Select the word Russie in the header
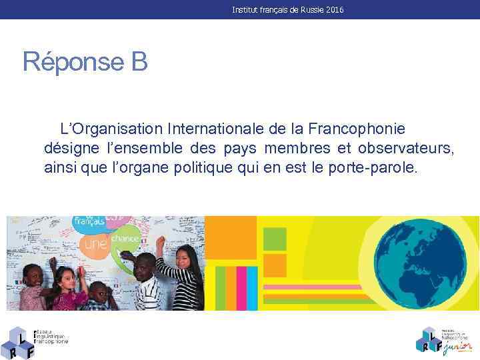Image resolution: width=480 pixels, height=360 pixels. click(x=307, y=10)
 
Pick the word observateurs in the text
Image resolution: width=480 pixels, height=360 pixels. click(x=405, y=147)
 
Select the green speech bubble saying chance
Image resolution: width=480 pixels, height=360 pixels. click(x=125, y=237)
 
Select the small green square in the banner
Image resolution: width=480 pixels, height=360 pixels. click(x=275, y=238)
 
